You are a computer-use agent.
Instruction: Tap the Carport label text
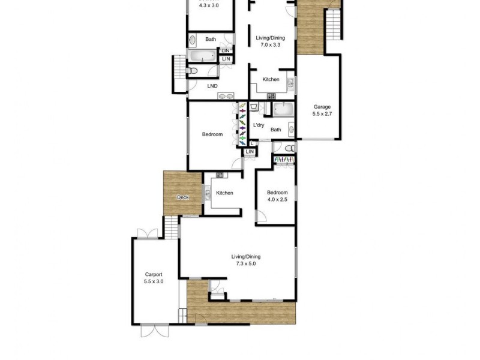click(x=154, y=274)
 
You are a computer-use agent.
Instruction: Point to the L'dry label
click(x=259, y=125)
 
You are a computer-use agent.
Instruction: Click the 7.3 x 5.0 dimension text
click(x=246, y=264)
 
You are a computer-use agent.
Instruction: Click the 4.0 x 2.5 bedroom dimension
click(x=277, y=200)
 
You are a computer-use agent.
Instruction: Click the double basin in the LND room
click(x=226, y=95)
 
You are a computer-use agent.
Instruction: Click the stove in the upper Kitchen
click(x=271, y=95)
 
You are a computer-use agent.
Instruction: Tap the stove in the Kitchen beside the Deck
click(x=220, y=175)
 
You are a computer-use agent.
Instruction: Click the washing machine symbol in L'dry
click(x=255, y=108)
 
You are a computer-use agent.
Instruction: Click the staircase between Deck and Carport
click(x=172, y=227)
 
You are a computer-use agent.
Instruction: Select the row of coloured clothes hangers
click(x=242, y=124)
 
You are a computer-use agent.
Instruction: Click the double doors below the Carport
click(x=160, y=328)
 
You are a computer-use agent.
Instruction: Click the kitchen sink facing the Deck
click(x=207, y=193)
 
